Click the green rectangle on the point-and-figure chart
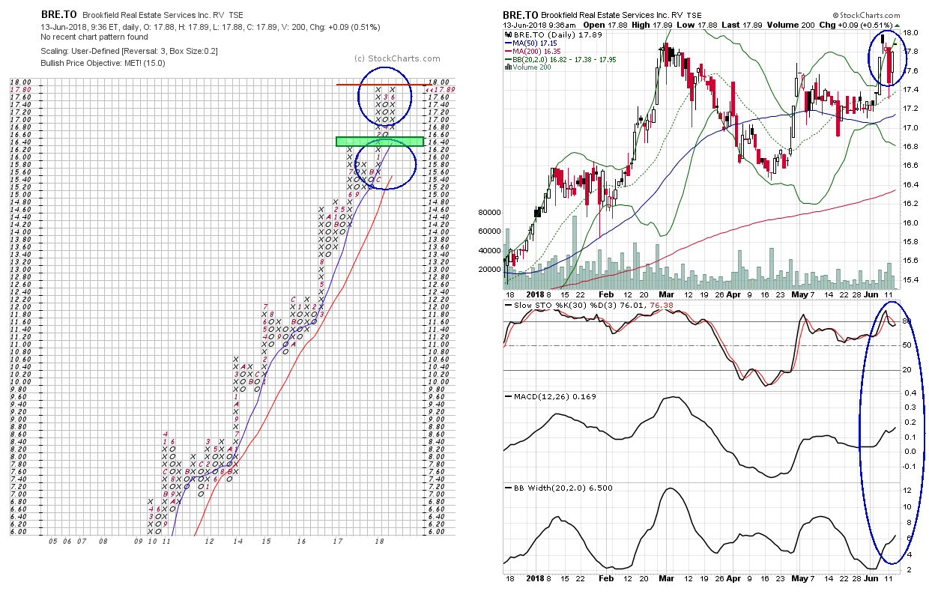(x=380, y=141)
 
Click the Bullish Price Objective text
(x=103, y=63)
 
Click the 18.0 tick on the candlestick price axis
(x=910, y=33)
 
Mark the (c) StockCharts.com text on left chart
(x=390, y=58)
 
